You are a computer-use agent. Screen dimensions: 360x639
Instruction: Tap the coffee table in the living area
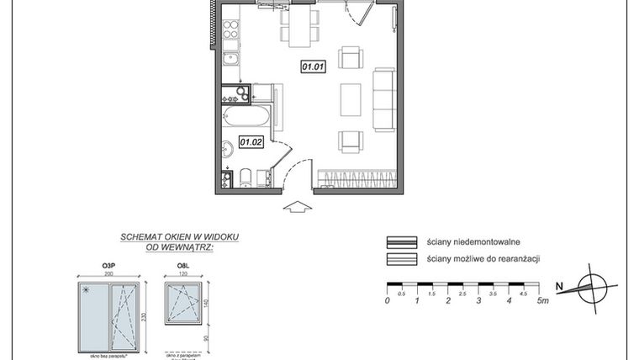click(351, 101)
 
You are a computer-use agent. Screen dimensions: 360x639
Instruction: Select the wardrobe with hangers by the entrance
click(356, 178)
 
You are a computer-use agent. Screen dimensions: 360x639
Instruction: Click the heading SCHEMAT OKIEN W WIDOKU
click(178, 237)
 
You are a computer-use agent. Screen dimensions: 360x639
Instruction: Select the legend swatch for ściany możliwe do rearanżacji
click(402, 259)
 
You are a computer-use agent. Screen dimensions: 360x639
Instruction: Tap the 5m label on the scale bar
click(544, 300)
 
